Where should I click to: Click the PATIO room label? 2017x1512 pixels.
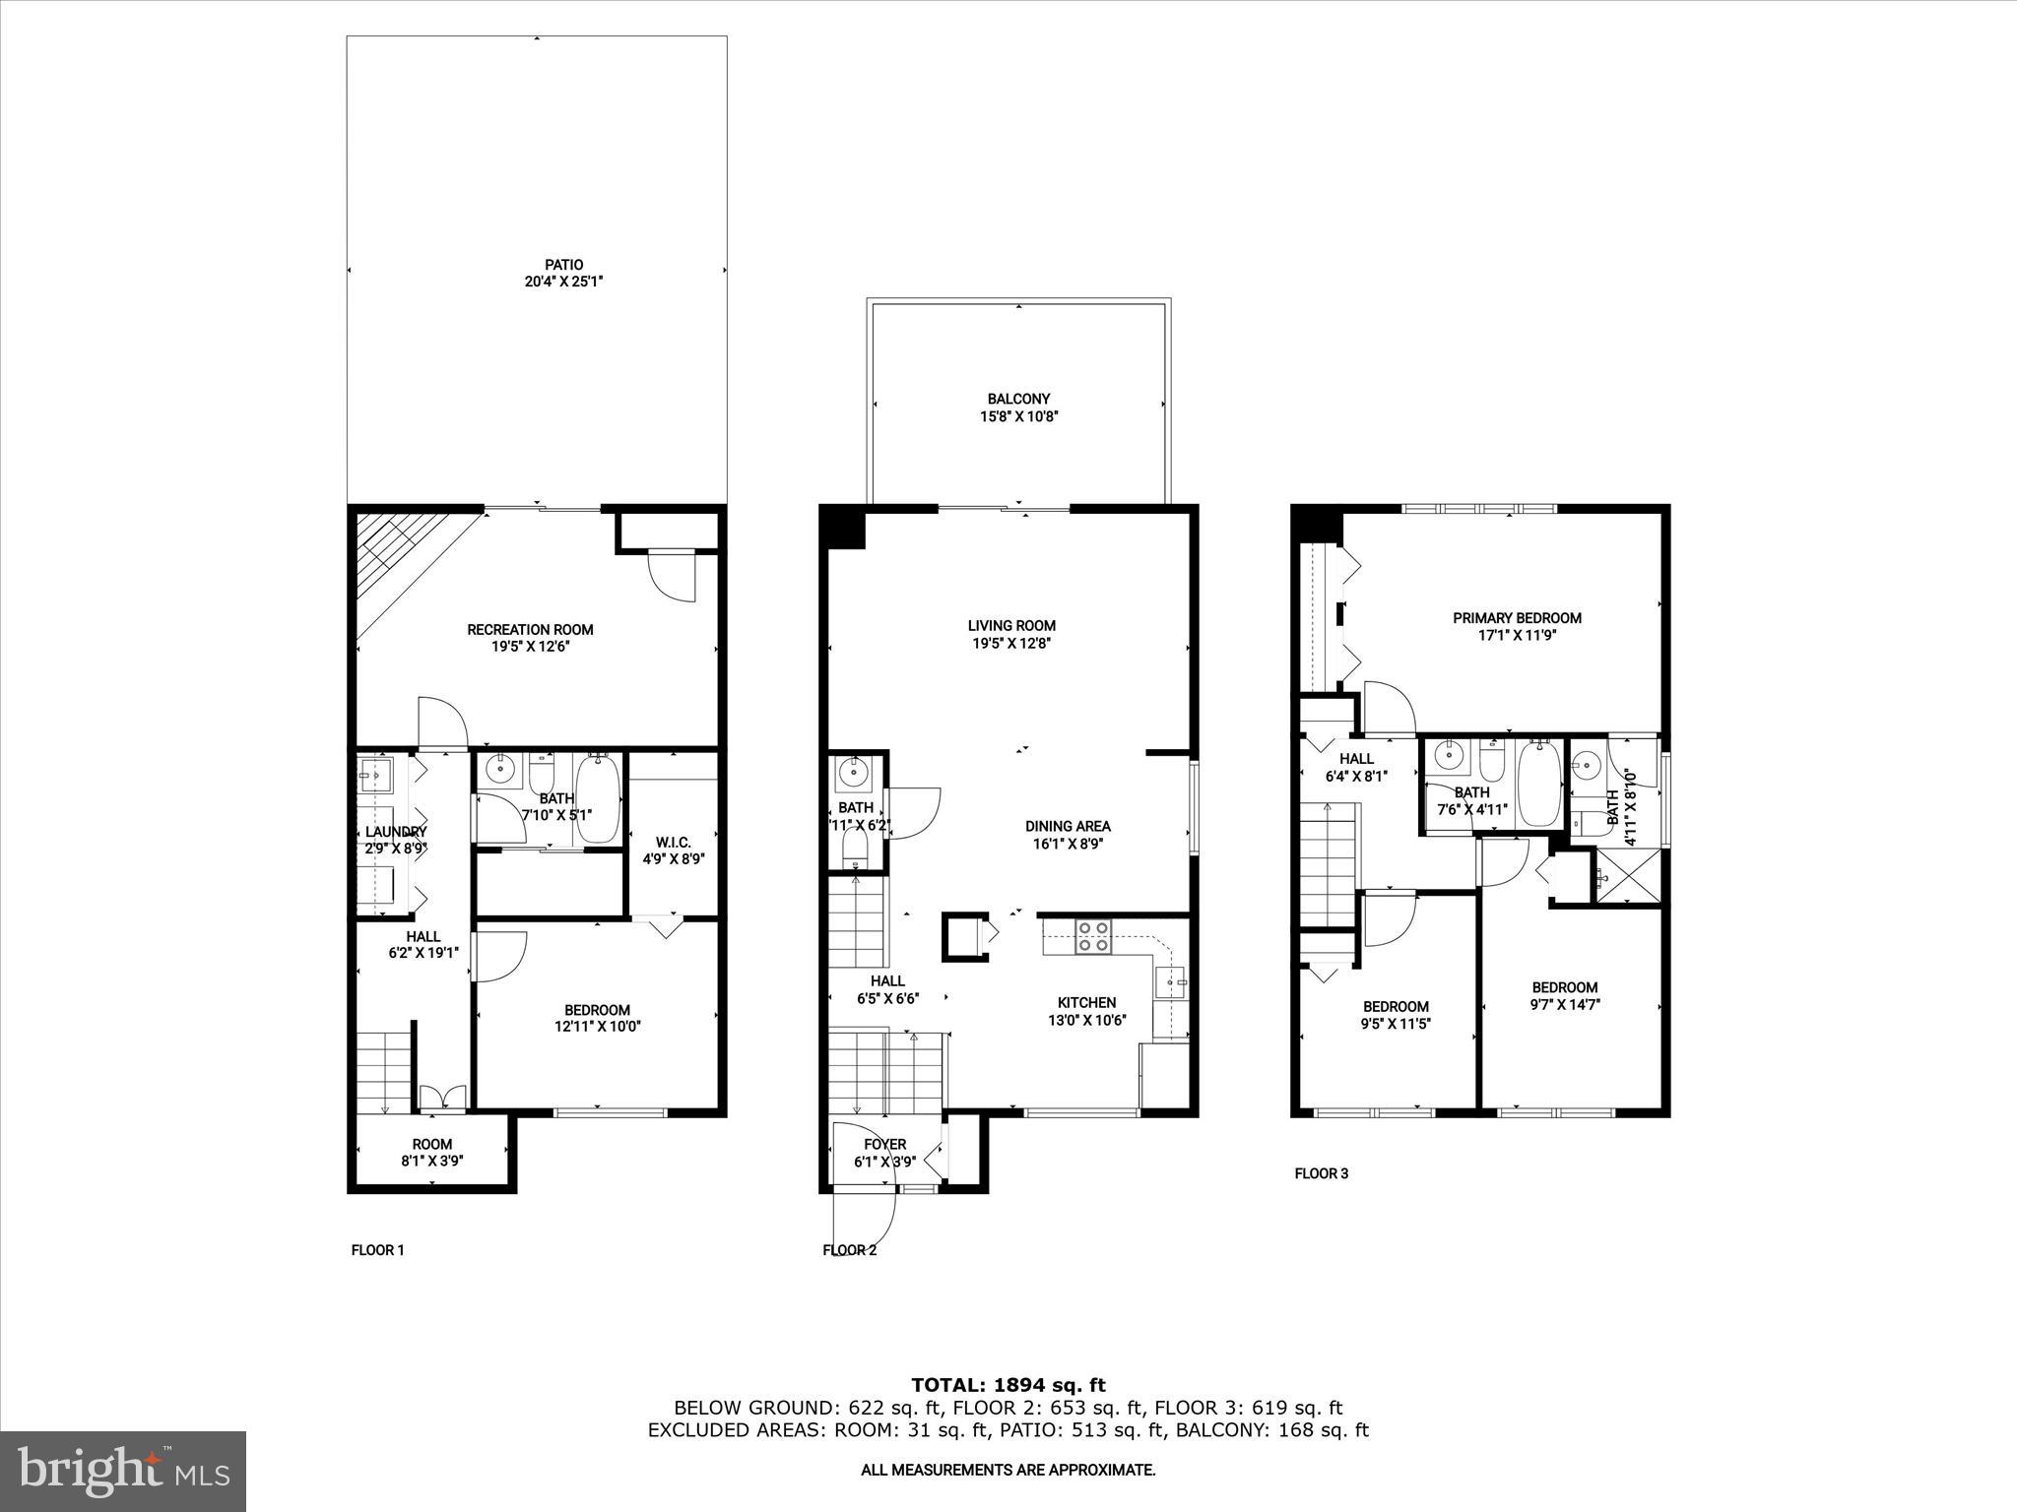563,264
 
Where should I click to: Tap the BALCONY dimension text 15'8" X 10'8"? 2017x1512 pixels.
1018,416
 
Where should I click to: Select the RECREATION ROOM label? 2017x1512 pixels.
530,629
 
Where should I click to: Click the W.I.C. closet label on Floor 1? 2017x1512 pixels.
674,843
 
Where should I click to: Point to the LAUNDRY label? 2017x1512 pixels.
396,832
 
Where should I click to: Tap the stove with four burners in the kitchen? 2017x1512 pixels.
1092,935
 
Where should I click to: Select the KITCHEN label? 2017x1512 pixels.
1086,1002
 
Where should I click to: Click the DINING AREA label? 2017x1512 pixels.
1068,826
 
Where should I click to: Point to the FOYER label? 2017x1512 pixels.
884,1144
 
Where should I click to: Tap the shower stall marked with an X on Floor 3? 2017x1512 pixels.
1626,875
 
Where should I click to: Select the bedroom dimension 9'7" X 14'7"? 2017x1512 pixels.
1564,1005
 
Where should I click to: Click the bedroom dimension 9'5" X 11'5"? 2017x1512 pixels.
1396,1024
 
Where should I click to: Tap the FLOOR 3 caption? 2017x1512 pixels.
1321,1173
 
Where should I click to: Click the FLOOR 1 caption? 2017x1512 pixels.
377,1250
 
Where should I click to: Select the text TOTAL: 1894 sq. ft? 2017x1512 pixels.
1008,1385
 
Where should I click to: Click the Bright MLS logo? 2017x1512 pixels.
123,1471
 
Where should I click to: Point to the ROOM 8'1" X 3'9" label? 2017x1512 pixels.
431,1152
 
